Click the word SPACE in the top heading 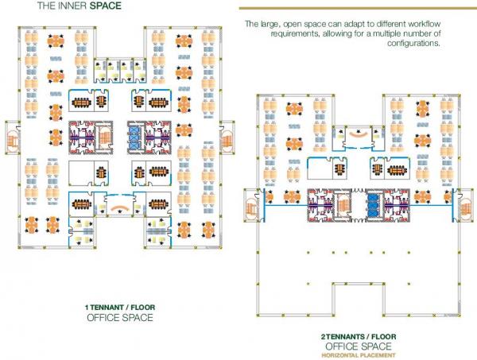point(105,6)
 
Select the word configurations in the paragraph point(413,43)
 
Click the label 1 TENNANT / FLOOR point(120,308)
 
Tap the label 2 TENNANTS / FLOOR point(359,337)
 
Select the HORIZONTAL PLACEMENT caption point(359,355)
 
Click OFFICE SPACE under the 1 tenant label point(120,318)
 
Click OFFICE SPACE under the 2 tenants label point(359,346)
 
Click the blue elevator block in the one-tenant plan point(134,137)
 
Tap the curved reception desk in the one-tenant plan point(119,208)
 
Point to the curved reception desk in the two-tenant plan point(358,134)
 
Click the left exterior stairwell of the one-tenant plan point(13,138)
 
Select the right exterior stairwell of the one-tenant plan point(227,137)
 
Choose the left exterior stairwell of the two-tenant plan point(251,206)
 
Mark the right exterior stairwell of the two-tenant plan point(466,206)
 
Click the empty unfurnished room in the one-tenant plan point(81,173)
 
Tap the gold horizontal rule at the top point(358,8)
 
